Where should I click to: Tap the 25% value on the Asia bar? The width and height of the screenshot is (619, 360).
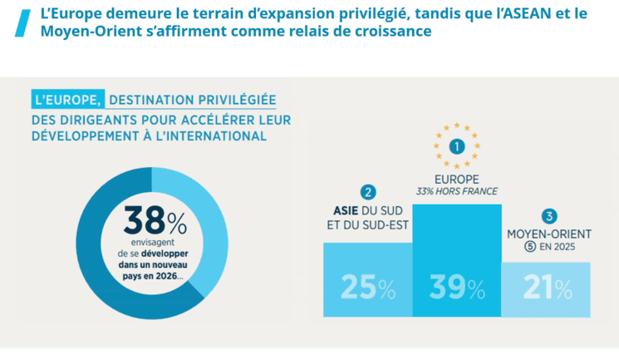point(368,288)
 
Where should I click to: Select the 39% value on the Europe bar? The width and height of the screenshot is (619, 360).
point(456,288)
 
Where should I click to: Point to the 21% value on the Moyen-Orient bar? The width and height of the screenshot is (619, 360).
point(547,288)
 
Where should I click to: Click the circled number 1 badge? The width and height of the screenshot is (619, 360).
point(456,146)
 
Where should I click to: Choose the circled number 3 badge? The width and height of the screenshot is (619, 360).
point(547,213)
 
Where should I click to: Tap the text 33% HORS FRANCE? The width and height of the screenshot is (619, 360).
point(456,191)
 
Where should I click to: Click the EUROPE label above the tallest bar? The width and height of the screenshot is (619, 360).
point(456,179)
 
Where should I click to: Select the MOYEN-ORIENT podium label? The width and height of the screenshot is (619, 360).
point(547,233)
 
